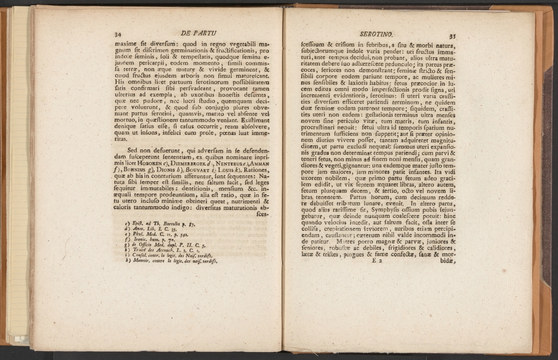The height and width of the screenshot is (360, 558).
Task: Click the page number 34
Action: [x=118, y=34]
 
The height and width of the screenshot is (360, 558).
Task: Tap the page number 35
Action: [x=451, y=36]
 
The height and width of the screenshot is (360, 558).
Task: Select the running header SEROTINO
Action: [x=377, y=34]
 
